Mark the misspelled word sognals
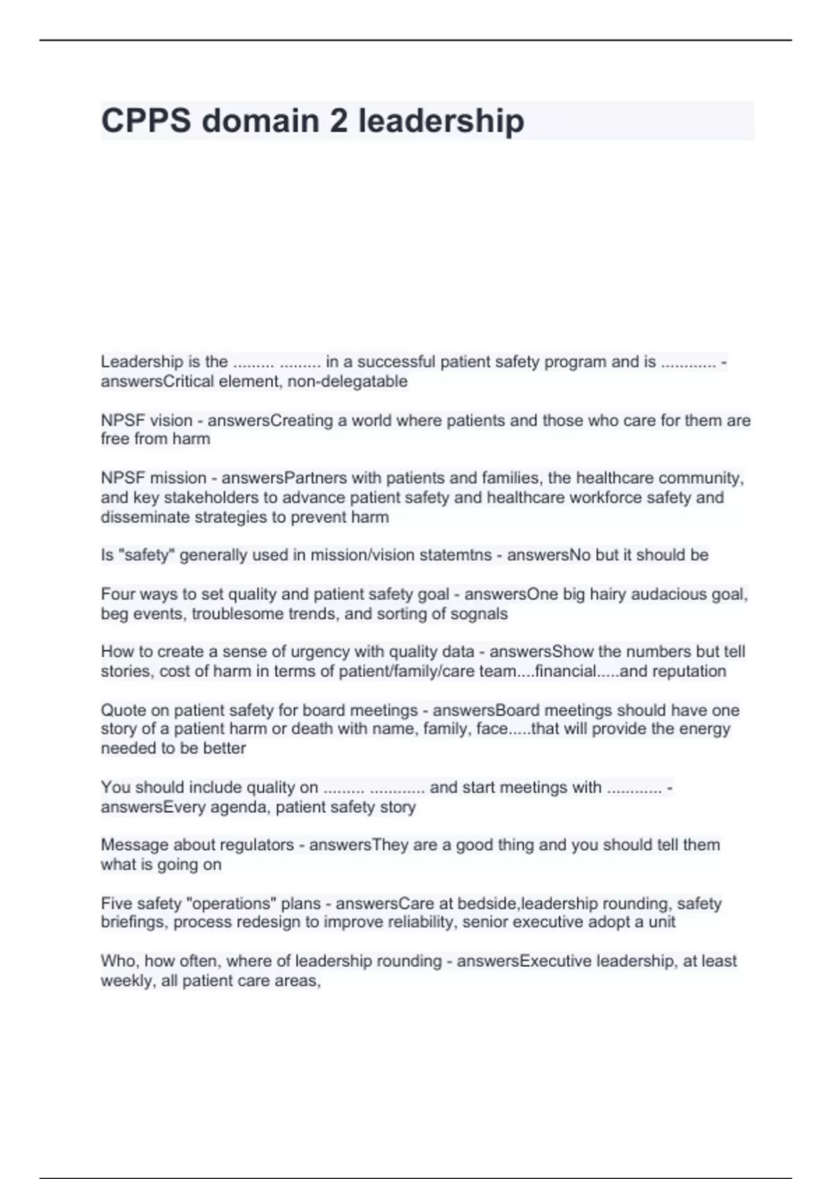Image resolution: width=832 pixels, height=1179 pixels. [479, 614]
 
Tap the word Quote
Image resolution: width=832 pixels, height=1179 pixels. [122, 710]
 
